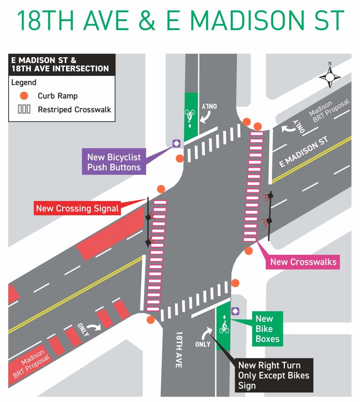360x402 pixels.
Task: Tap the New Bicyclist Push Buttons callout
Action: (114, 162)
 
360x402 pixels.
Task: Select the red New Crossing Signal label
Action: (77, 208)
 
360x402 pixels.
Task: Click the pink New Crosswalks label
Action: (303, 262)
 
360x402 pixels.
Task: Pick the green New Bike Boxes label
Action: (267, 329)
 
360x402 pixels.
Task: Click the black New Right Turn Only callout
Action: (274, 375)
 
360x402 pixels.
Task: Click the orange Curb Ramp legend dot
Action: (24, 96)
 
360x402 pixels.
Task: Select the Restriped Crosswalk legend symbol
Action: (24, 110)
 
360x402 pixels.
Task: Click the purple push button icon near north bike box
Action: (176, 143)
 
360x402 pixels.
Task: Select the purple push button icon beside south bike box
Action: (235, 311)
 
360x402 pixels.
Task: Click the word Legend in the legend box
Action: (24, 82)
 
